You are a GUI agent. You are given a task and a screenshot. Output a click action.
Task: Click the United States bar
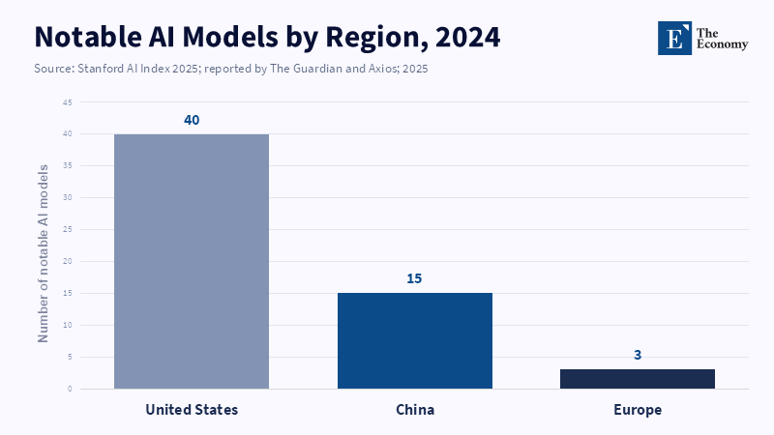click(x=192, y=261)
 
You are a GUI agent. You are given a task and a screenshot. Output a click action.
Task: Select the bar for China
click(x=415, y=341)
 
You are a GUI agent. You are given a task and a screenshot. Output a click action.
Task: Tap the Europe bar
click(x=638, y=379)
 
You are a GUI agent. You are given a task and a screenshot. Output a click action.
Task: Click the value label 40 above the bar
click(x=192, y=120)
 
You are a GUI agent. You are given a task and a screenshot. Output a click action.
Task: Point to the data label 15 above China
click(x=414, y=278)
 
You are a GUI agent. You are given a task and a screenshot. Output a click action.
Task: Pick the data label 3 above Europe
click(x=638, y=355)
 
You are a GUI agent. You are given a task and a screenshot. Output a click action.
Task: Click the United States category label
click(x=192, y=410)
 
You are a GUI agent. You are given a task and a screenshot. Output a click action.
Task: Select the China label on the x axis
click(x=415, y=410)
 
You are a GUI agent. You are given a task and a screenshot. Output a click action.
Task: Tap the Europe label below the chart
click(x=638, y=410)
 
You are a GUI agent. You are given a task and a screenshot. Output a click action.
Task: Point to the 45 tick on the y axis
click(x=68, y=102)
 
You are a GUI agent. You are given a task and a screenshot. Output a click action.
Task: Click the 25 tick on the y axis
click(x=68, y=230)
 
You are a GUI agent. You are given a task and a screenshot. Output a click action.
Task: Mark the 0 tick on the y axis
click(x=70, y=390)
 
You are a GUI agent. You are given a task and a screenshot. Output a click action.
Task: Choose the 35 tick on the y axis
click(x=68, y=166)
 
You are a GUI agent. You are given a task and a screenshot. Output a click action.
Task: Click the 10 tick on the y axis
click(x=68, y=326)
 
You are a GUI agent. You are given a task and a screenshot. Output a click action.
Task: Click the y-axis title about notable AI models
click(x=43, y=253)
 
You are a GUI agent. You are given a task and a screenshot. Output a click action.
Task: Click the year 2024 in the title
click(x=467, y=37)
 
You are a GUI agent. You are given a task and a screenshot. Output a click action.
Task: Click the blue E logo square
click(x=674, y=38)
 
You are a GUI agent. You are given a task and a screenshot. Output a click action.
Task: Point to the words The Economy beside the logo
click(x=722, y=39)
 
